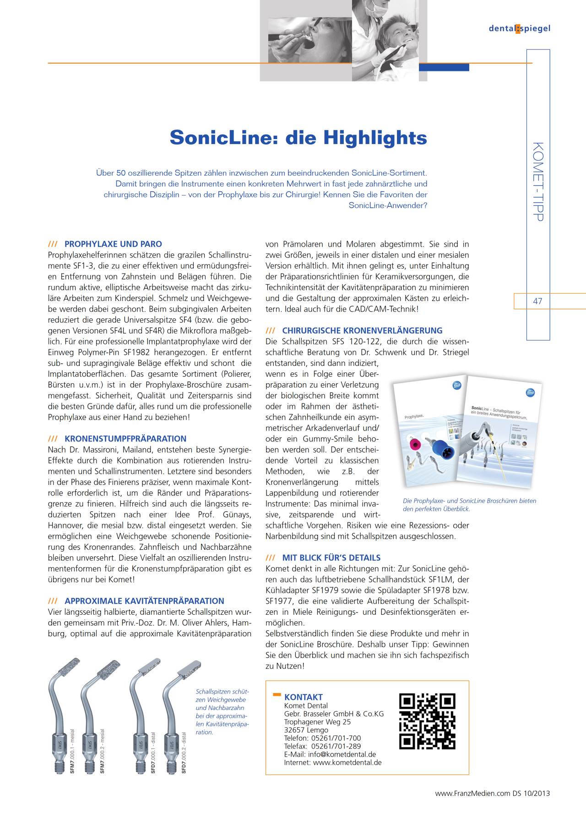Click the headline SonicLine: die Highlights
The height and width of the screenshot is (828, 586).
[298, 138]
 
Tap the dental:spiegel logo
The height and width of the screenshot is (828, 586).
[519, 28]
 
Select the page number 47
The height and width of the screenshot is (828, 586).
[537, 301]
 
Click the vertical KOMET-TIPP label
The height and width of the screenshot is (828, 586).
[538, 182]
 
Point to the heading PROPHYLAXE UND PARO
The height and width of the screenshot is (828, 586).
[113, 244]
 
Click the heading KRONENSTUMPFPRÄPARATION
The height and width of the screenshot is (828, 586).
[125, 439]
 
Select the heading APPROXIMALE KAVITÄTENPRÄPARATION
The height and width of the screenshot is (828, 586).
[144, 601]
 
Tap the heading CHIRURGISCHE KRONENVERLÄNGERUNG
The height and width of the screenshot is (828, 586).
[362, 331]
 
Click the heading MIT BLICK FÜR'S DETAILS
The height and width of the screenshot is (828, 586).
[331, 558]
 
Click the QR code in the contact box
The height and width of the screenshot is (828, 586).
[427, 721]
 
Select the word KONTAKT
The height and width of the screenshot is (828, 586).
[303, 697]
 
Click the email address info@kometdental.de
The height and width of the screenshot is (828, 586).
[342, 754]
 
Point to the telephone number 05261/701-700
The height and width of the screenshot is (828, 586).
[336, 738]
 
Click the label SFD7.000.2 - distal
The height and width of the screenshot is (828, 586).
[184, 753]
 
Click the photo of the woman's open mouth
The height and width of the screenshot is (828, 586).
[309, 41]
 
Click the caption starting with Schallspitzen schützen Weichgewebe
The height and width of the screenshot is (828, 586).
[222, 712]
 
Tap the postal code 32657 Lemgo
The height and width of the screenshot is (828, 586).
[306, 730]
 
